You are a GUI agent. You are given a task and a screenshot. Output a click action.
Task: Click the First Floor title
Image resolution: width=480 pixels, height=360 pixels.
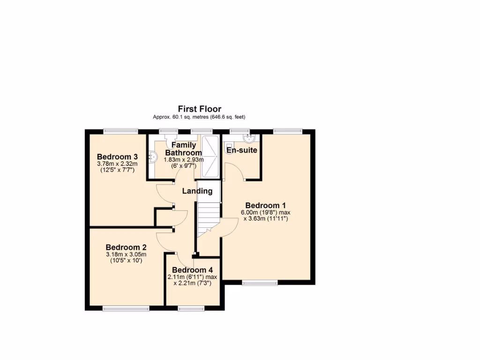199,109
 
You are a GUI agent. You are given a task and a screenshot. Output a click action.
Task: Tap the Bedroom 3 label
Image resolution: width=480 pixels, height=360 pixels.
117,157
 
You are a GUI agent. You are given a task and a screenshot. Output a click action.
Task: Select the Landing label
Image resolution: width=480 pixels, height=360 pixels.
197,191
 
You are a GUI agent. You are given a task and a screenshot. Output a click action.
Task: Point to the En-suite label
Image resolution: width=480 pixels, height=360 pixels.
241,150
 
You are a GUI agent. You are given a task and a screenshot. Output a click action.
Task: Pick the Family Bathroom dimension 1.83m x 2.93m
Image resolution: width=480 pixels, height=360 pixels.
183,160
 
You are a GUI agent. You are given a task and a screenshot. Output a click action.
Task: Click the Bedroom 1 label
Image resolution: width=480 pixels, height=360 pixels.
265,205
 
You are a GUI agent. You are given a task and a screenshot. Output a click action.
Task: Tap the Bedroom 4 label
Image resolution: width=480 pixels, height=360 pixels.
192,270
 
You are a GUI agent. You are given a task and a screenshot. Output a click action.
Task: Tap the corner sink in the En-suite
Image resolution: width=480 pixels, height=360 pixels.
248,138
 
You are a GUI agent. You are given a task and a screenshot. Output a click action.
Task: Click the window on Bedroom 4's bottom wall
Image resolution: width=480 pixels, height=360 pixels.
191,308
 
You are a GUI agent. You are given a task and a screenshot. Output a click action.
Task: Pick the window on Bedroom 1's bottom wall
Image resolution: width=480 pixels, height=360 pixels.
260,283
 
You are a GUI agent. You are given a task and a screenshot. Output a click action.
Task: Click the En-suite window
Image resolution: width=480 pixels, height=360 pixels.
239,132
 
